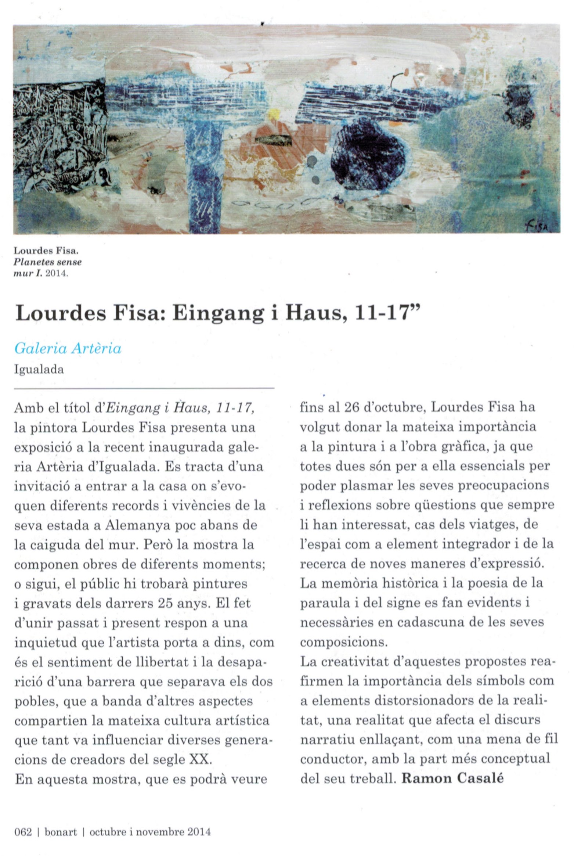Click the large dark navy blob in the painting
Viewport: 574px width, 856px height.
pos(369,154)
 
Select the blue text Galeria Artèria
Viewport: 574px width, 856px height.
pos(68,348)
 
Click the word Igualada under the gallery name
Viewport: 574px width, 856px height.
pos(39,369)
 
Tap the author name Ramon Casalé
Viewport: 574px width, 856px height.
pos(452,778)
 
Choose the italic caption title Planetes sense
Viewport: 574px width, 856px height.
pos(47,262)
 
